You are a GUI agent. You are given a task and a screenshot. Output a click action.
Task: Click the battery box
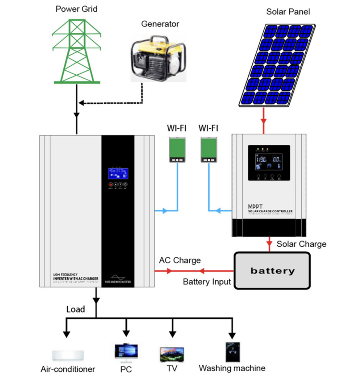tap(272, 271)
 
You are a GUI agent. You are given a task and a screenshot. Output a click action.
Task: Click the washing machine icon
tap(233, 351)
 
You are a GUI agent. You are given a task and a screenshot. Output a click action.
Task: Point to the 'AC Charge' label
tap(180, 260)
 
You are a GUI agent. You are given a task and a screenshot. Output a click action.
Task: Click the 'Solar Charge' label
tap(301, 244)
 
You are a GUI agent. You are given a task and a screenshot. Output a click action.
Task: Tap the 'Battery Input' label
tap(207, 281)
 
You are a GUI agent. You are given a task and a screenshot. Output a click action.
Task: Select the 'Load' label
tap(76, 309)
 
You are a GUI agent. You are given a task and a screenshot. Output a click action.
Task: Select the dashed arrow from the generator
tap(112, 103)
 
